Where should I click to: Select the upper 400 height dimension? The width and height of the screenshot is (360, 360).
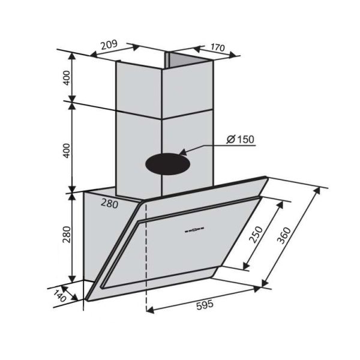(x=67, y=77)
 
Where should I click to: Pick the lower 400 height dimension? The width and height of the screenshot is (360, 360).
(x=67, y=150)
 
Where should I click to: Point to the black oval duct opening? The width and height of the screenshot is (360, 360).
(x=168, y=163)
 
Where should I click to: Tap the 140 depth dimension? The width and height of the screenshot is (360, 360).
(x=58, y=295)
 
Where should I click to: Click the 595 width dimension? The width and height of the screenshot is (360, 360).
(x=205, y=304)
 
